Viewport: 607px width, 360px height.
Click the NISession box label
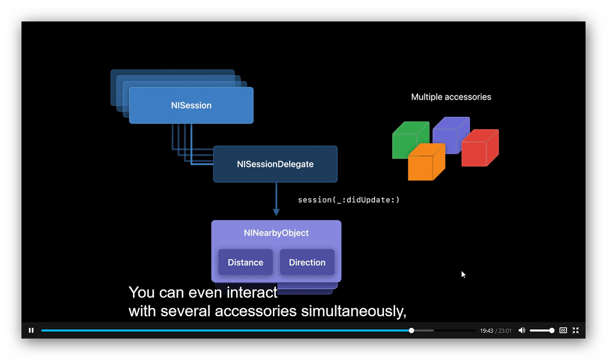click(191, 106)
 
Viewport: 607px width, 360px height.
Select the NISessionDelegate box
click(275, 164)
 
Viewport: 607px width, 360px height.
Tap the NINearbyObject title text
click(276, 233)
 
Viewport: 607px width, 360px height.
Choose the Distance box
click(245, 262)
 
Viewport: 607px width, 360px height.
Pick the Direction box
click(307, 262)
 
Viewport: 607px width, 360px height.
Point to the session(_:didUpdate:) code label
click(348, 200)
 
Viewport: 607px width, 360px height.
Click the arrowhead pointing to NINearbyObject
click(276, 212)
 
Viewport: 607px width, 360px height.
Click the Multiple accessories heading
click(451, 97)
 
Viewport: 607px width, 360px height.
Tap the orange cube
click(425, 162)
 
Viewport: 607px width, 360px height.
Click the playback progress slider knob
click(411, 330)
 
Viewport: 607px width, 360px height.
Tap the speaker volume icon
click(522, 330)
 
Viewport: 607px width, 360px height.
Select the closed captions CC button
click(563, 330)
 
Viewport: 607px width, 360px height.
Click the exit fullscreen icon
click(575, 330)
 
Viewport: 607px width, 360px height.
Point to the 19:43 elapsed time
click(486, 331)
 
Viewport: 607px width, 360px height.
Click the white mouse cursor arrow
click(463, 275)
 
